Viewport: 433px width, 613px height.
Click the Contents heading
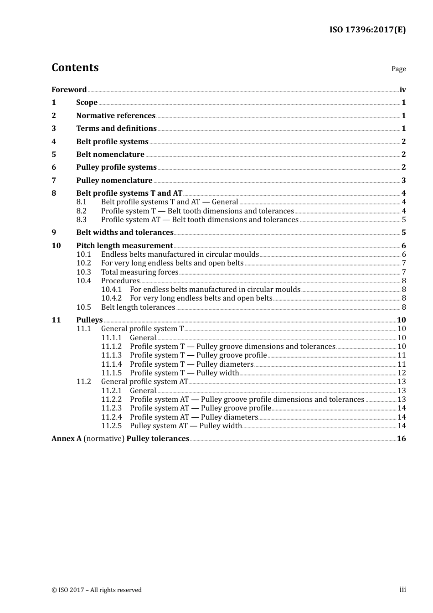[75, 68]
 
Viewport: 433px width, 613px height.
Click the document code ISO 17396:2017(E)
[367, 30]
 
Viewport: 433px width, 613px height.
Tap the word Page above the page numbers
[398, 69]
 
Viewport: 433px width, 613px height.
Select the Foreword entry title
[69, 90]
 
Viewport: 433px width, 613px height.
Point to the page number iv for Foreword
[402, 90]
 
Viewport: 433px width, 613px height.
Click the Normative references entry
[116, 116]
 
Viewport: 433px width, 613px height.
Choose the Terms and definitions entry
[116, 129]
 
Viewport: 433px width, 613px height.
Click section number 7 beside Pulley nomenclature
[54, 181]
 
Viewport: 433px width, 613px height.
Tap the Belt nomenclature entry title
[110, 155]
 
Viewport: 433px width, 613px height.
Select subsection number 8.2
[82, 211]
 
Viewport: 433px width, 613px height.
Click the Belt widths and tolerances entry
[125, 233]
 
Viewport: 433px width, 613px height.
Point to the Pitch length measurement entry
[124, 246]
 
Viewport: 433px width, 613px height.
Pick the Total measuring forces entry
[139, 272]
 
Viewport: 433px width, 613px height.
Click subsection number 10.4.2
[111, 298]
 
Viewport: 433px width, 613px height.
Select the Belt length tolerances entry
[138, 307]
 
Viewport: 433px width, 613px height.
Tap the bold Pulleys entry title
[89, 320]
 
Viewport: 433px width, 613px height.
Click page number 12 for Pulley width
[402, 373]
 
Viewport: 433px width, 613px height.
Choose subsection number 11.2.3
[111, 408]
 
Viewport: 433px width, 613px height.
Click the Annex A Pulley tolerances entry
[120, 439]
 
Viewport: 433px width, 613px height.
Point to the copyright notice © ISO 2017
[97, 590]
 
